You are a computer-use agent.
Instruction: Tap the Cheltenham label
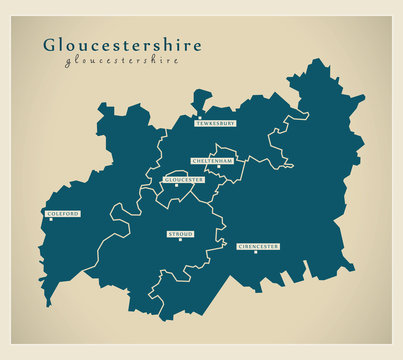(212, 160)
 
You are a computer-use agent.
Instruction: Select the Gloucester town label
(183, 180)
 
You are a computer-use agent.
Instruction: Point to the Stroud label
(180, 234)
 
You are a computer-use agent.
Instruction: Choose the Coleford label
(62, 213)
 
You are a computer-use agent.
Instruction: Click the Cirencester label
(258, 245)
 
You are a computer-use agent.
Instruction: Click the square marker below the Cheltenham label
(219, 167)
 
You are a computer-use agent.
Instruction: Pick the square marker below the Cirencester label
(256, 252)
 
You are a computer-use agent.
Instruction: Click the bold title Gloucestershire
(121, 45)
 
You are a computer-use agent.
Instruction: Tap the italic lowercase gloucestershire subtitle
(121, 60)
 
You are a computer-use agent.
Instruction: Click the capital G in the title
(50, 45)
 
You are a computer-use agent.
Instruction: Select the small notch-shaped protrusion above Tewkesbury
(202, 98)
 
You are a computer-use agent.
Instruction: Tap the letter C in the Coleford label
(49, 213)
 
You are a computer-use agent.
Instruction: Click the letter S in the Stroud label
(170, 234)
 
